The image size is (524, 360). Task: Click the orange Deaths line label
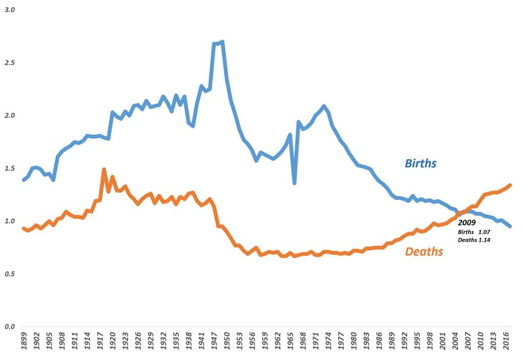point(424,251)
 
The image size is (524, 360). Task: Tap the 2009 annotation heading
point(467,223)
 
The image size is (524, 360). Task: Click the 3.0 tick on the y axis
point(9,10)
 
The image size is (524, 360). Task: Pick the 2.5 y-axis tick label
point(9,62)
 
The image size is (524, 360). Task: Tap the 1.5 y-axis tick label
point(9,168)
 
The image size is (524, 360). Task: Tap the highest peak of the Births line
point(222,42)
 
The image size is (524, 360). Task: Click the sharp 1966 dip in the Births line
point(294,183)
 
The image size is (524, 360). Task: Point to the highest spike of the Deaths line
point(104,170)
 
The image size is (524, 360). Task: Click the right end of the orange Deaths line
point(510,185)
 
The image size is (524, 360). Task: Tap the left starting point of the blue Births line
point(24,180)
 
